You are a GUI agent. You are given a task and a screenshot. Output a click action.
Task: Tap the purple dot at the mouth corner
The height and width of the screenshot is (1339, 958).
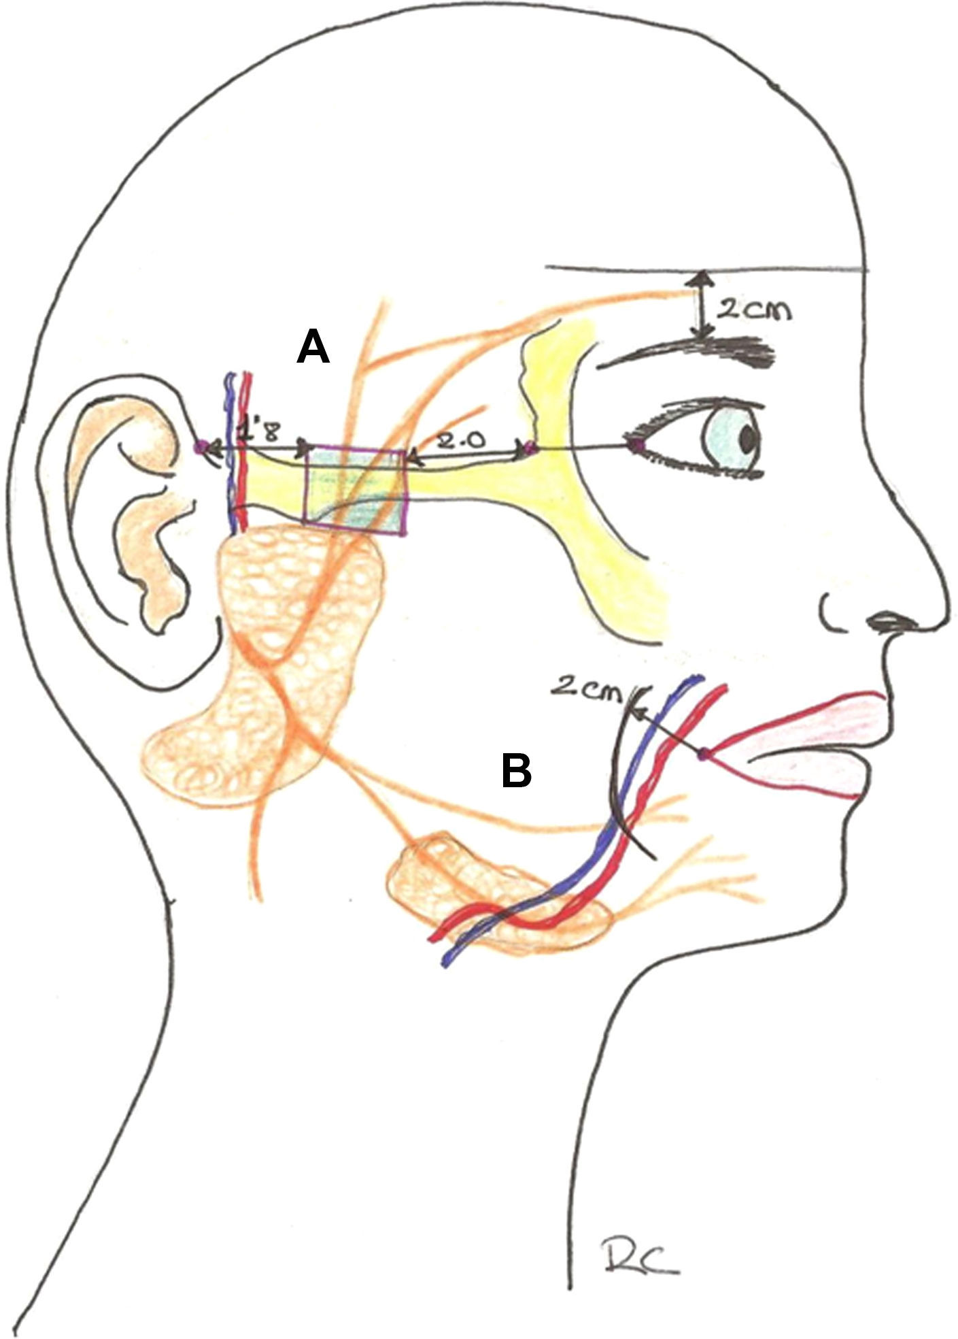(x=704, y=753)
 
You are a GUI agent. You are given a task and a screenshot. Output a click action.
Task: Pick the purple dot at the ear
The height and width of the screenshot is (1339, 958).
(x=201, y=447)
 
